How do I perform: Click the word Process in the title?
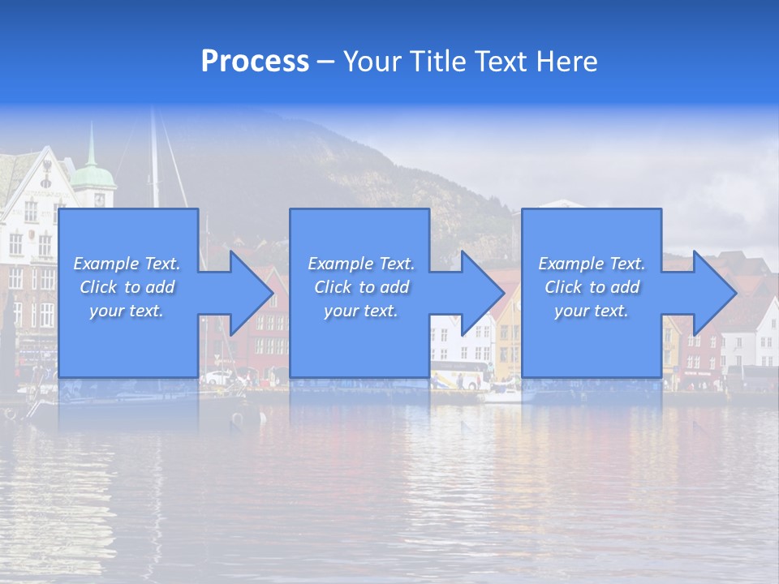click(255, 62)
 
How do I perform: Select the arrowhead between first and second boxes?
click(247, 293)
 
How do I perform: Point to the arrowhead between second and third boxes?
click(480, 293)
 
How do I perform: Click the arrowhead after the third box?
click(712, 293)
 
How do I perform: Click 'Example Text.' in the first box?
click(127, 264)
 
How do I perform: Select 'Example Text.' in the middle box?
click(361, 264)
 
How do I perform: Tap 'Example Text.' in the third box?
click(592, 264)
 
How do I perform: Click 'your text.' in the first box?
click(127, 311)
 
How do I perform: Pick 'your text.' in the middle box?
click(361, 311)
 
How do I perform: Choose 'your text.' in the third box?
click(592, 311)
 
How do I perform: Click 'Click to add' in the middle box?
click(361, 287)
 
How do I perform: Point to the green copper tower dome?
click(93, 174)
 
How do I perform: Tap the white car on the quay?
click(217, 377)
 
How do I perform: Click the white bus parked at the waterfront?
click(460, 375)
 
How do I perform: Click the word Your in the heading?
click(373, 62)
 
